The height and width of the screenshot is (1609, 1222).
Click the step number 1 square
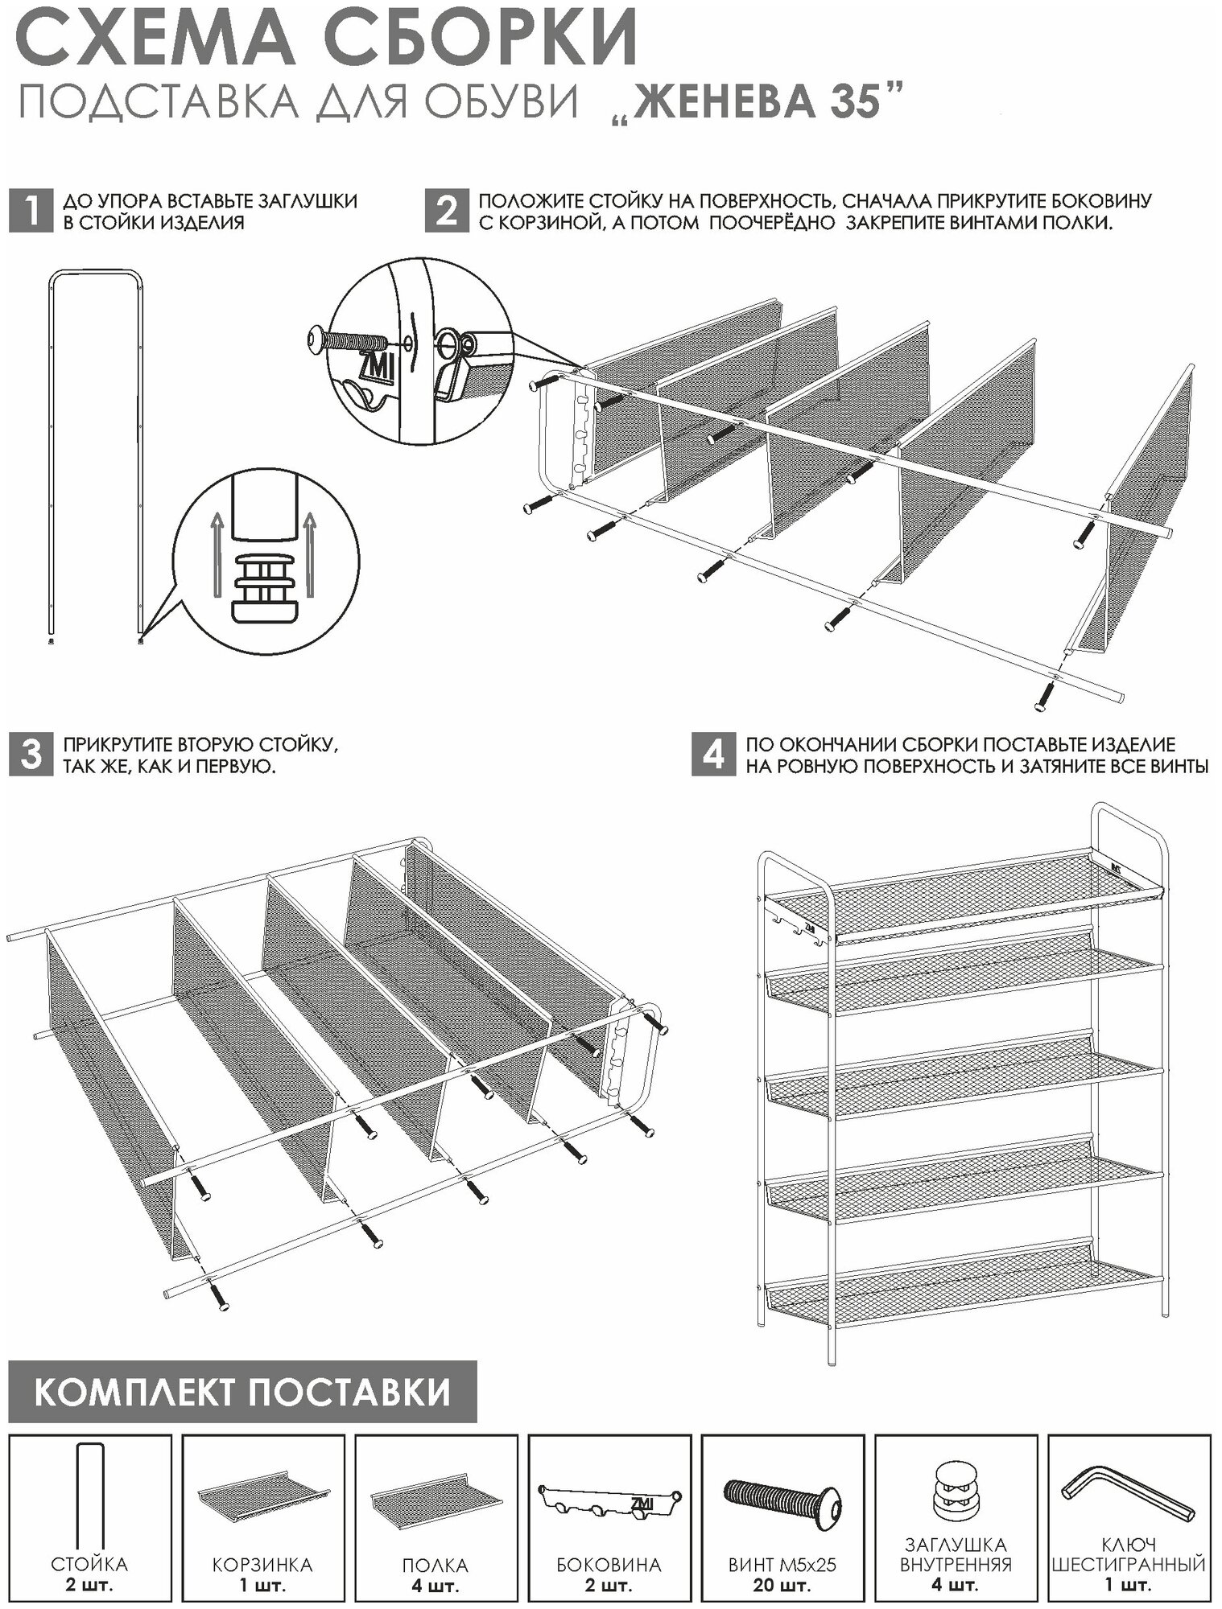30,212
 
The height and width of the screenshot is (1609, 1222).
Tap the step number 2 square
446,212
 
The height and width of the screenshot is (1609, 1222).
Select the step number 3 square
30,755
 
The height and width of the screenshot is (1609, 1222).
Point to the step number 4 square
712,755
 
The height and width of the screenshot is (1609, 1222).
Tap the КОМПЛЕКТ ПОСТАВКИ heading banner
242,1392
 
